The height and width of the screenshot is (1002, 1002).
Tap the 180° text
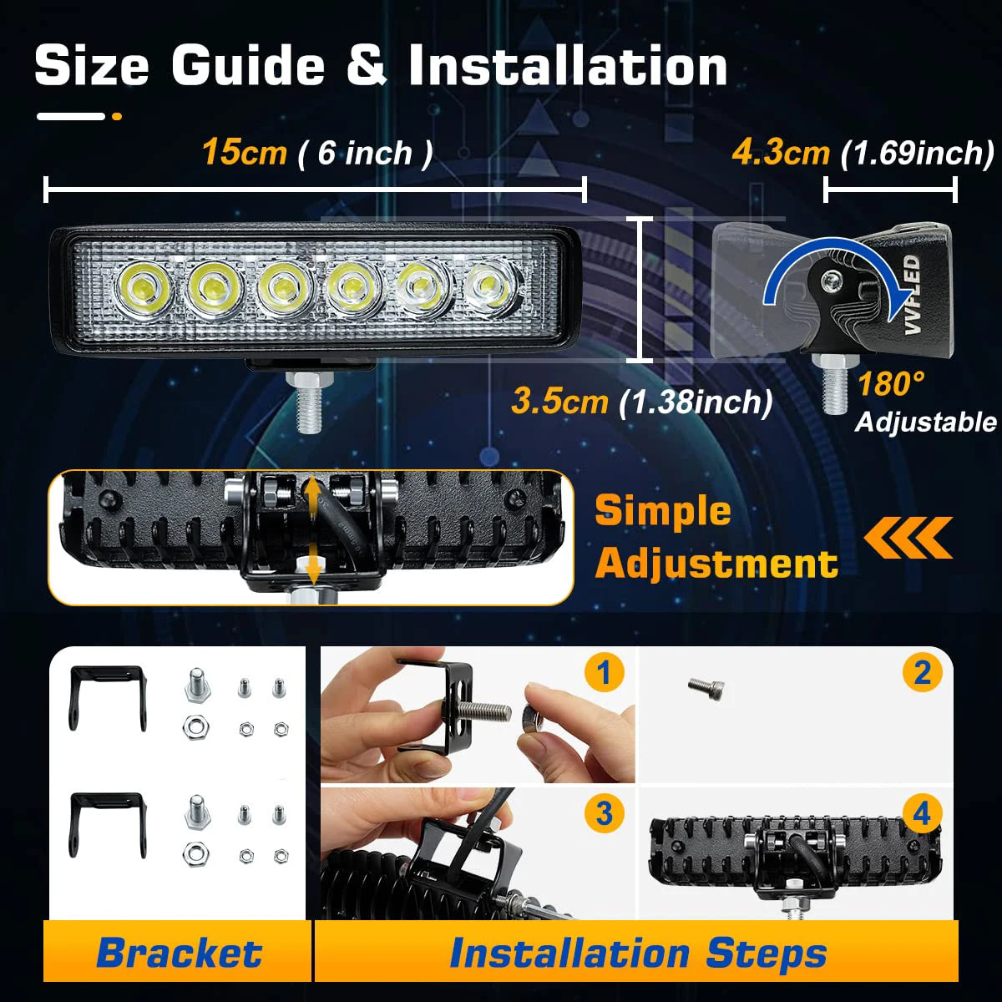(891, 384)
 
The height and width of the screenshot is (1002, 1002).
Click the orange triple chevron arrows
(908, 537)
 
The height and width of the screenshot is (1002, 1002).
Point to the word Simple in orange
(662, 511)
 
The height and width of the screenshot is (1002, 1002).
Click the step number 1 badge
(605, 672)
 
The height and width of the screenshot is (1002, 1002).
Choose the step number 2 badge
(922, 672)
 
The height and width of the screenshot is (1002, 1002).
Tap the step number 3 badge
(605, 813)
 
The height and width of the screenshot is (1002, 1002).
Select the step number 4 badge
(922, 813)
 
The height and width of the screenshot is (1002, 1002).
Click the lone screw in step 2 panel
(706, 689)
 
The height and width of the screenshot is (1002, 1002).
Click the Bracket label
(179, 953)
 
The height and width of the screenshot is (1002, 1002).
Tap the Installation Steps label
(638, 953)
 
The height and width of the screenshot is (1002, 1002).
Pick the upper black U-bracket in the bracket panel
(107, 696)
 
